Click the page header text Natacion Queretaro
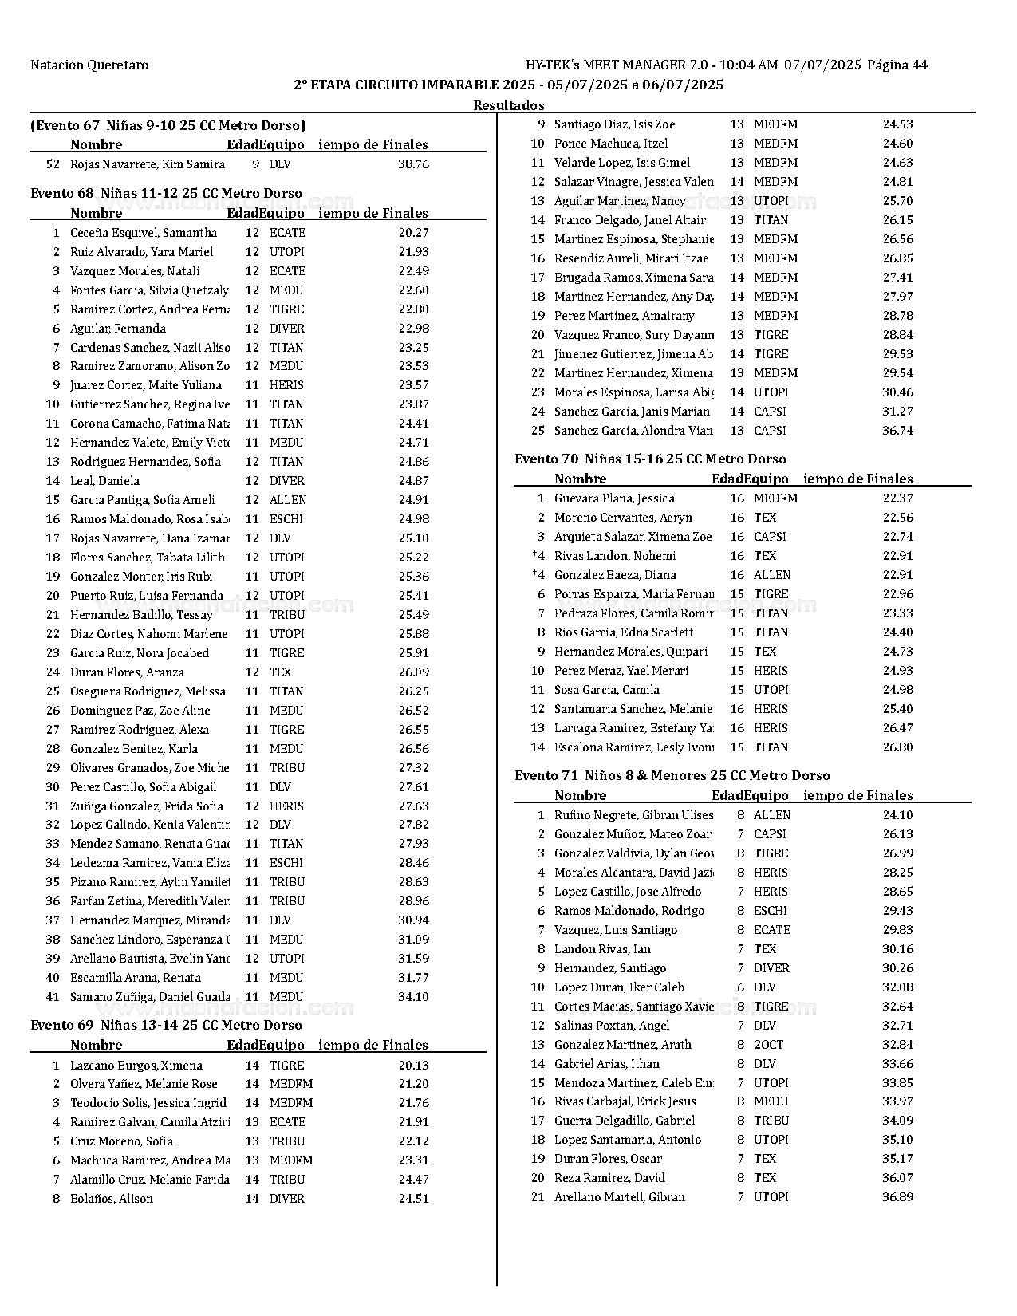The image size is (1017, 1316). pyautogui.click(x=89, y=65)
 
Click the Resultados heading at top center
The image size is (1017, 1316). pyautogui.click(x=508, y=105)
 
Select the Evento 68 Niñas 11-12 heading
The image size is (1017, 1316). pyautogui.click(x=166, y=193)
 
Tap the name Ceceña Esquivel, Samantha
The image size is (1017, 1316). pyautogui.click(x=144, y=233)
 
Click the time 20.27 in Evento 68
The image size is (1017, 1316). pyautogui.click(x=413, y=233)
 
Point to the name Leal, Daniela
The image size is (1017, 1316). pyautogui.click(x=104, y=481)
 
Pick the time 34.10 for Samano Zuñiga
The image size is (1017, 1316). pyautogui.click(x=413, y=997)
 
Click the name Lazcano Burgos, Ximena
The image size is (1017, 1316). pyautogui.click(x=136, y=1066)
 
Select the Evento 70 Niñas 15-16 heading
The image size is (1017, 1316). pyautogui.click(x=650, y=459)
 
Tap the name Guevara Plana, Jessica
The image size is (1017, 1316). pyautogui.click(x=614, y=498)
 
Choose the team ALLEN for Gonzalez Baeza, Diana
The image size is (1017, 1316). pyautogui.click(x=771, y=575)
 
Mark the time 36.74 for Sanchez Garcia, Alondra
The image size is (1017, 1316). pyautogui.click(x=897, y=431)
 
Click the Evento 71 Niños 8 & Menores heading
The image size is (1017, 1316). pyautogui.click(x=672, y=775)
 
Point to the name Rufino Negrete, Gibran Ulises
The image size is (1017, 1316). pyautogui.click(x=633, y=815)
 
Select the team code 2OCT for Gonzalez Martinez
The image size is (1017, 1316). pyautogui.click(x=768, y=1045)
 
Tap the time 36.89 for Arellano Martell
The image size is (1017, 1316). pyautogui.click(x=897, y=1197)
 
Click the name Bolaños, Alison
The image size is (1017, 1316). pyautogui.click(x=112, y=1199)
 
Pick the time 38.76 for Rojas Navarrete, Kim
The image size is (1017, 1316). pyautogui.click(x=413, y=164)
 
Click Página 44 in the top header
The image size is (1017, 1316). pyautogui.click(x=897, y=65)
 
